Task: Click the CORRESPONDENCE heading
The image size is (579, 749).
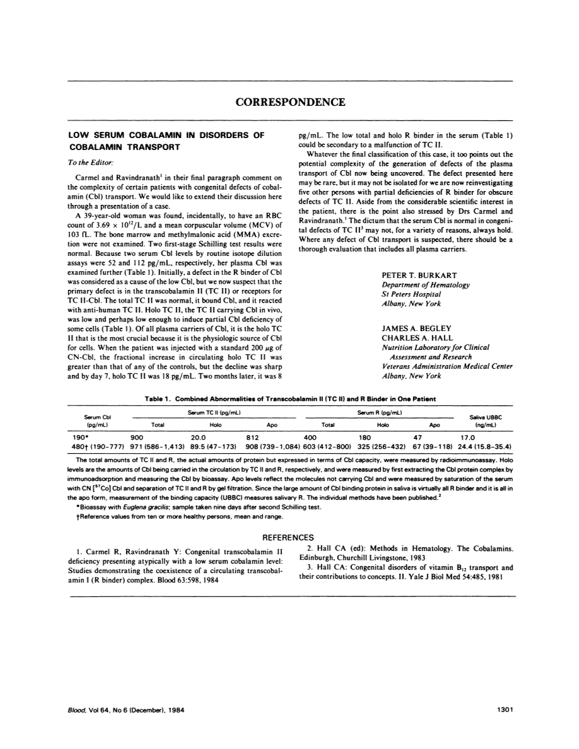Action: pos(290,102)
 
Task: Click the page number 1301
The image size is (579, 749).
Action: pos(506,709)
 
